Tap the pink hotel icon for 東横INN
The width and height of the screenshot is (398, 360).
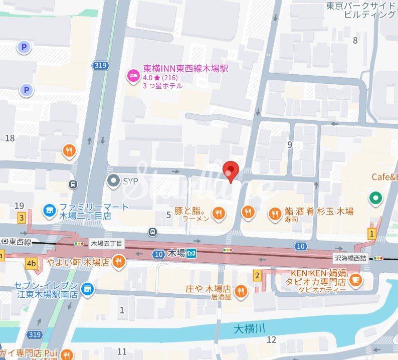[132, 75]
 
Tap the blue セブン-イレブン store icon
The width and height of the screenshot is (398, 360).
[88, 289]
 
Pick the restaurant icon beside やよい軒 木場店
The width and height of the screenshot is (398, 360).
[118, 262]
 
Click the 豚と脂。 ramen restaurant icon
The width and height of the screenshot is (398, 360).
[219, 214]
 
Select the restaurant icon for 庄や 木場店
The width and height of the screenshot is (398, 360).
[241, 291]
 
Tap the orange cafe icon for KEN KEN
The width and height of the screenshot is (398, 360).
[355, 280]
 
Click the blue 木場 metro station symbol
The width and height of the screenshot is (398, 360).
[191, 254]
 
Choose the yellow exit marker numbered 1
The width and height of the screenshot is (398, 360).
[371, 233]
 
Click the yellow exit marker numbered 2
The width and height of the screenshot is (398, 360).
[257, 275]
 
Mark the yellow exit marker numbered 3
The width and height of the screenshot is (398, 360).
[22, 218]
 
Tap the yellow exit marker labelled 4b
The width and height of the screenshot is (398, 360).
[32, 263]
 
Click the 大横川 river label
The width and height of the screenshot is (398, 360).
[249, 329]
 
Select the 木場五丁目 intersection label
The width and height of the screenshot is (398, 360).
[106, 244]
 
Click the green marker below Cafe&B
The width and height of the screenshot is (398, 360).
[375, 199]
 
